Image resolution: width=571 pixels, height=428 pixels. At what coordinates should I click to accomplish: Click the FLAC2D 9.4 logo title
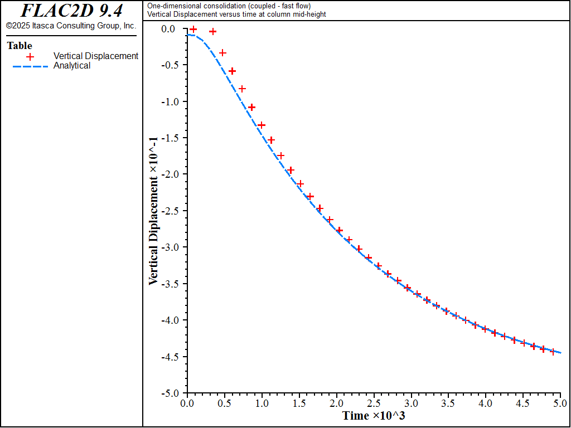tap(71, 11)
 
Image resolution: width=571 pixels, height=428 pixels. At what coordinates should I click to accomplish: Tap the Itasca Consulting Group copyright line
tap(71, 26)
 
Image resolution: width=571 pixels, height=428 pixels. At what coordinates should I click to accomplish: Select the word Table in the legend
tap(20, 46)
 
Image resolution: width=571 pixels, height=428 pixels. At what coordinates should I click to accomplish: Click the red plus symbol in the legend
tap(31, 56)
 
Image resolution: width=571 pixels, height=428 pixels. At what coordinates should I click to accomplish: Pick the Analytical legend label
tap(72, 66)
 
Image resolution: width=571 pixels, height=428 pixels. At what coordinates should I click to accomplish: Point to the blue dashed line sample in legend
tap(31, 66)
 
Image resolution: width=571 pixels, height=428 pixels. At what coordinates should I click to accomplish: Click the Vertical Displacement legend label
tap(96, 56)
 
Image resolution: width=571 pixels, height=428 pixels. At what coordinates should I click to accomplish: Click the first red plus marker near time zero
tap(193, 29)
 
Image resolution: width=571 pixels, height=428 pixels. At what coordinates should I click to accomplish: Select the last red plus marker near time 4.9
tap(553, 352)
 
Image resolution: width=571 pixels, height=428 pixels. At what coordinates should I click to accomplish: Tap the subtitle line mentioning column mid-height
tap(236, 14)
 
